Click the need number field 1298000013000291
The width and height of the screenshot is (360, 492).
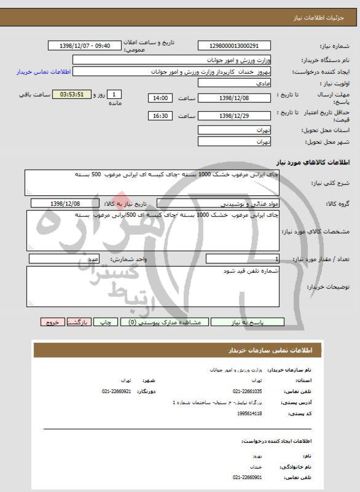click(235, 46)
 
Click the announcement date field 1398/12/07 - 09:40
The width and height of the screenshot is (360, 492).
click(87, 46)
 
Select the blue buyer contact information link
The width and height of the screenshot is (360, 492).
click(44, 72)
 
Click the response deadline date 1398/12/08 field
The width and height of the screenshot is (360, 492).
click(235, 98)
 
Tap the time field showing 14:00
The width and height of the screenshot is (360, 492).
click(161, 98)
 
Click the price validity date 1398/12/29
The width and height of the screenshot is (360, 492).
click(235, 115)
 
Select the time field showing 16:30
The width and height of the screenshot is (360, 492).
click(161, 115)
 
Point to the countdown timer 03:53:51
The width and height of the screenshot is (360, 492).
click(76, 95)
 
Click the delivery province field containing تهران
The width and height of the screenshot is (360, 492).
click(235, 130)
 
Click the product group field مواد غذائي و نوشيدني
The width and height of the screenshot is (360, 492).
click(218, 203)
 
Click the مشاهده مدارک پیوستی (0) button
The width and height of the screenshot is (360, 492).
click(166, 322)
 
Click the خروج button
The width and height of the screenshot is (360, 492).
click(53, 322)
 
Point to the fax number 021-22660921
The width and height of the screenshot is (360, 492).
click(117, 391)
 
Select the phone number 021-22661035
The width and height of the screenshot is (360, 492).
click(248, 391)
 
